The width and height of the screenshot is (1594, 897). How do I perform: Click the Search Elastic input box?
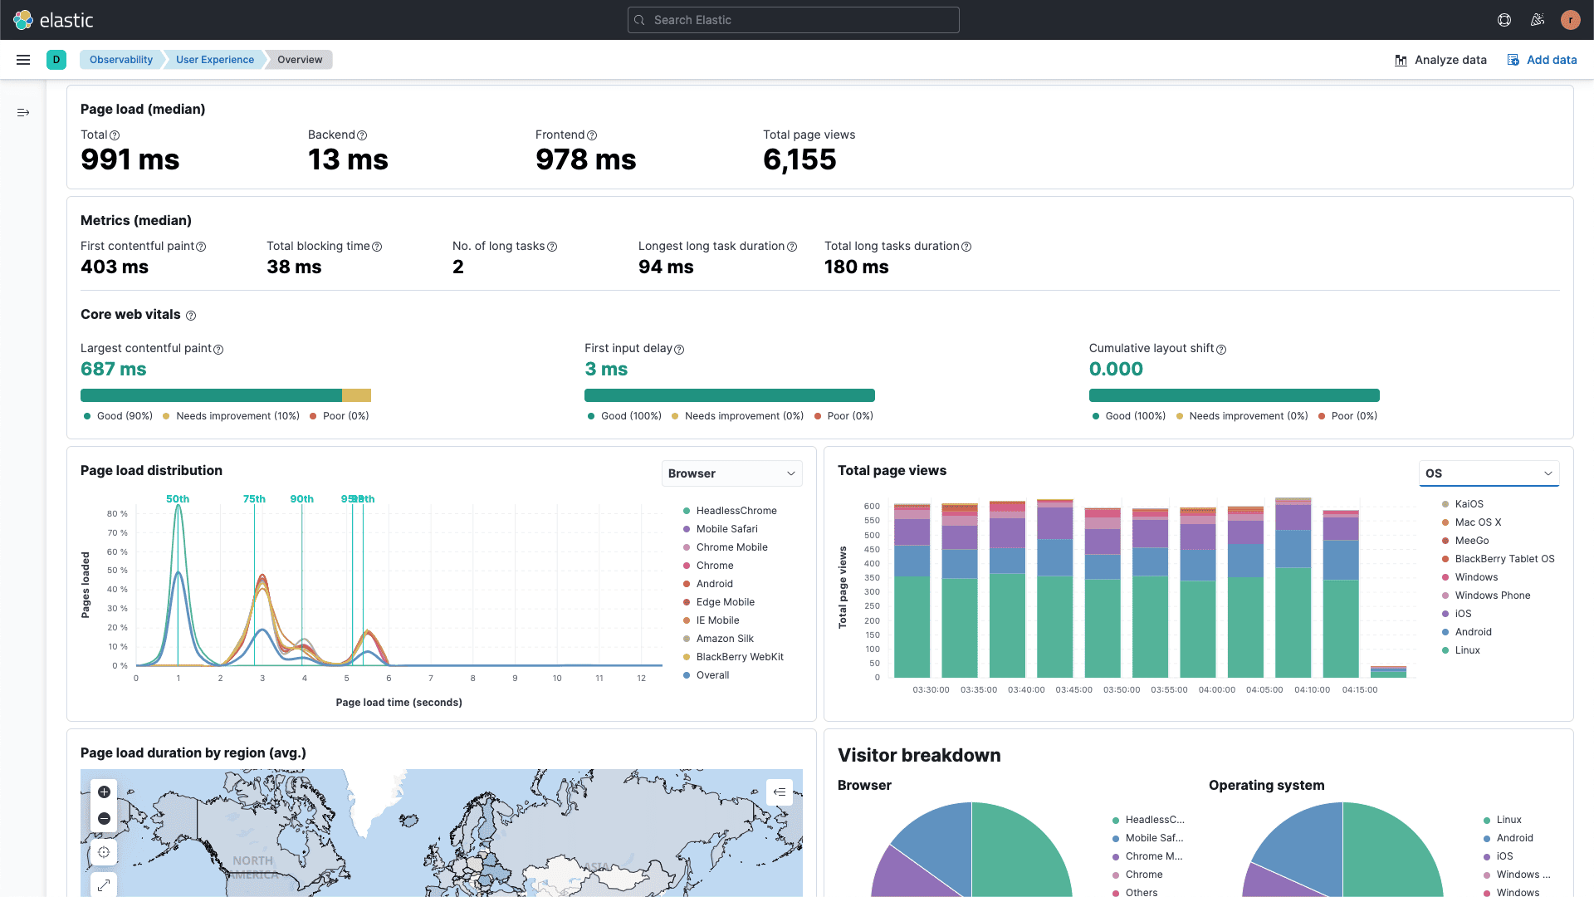tap(793, 20)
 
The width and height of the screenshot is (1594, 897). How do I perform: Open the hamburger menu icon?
tap(23, 60)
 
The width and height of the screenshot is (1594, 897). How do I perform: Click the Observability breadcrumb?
tap(121, 60)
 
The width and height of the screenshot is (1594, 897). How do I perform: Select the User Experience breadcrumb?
tap(215, 60)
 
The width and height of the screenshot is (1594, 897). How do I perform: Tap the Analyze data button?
tap(1440, 60)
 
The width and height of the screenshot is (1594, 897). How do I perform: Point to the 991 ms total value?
tap(130, 159)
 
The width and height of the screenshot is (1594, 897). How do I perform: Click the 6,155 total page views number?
tap(799, 159)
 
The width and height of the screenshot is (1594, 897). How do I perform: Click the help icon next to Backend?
tap(362, 135)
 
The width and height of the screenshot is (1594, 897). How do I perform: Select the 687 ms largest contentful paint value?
tap(114, 369)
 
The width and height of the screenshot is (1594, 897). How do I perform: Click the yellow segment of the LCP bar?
tap(356, 395)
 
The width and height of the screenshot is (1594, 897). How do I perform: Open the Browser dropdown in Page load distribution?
tap(731, 473)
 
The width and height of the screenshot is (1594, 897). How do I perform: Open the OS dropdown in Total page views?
tap(1489, 473)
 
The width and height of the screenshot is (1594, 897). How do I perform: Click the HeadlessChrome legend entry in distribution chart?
tap(736, 511)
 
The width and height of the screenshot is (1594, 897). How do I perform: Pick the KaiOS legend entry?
tap(1468, 504)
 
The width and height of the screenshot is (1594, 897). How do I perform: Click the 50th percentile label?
tap(178, 499)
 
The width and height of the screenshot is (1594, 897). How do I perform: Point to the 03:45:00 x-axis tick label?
tap(1073, 690)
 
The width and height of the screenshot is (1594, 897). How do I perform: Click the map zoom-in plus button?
tap(104, 792)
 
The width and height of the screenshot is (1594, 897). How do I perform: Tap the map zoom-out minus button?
tap(104, 819)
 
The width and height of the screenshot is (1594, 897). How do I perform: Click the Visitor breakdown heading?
tap(919, 755)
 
